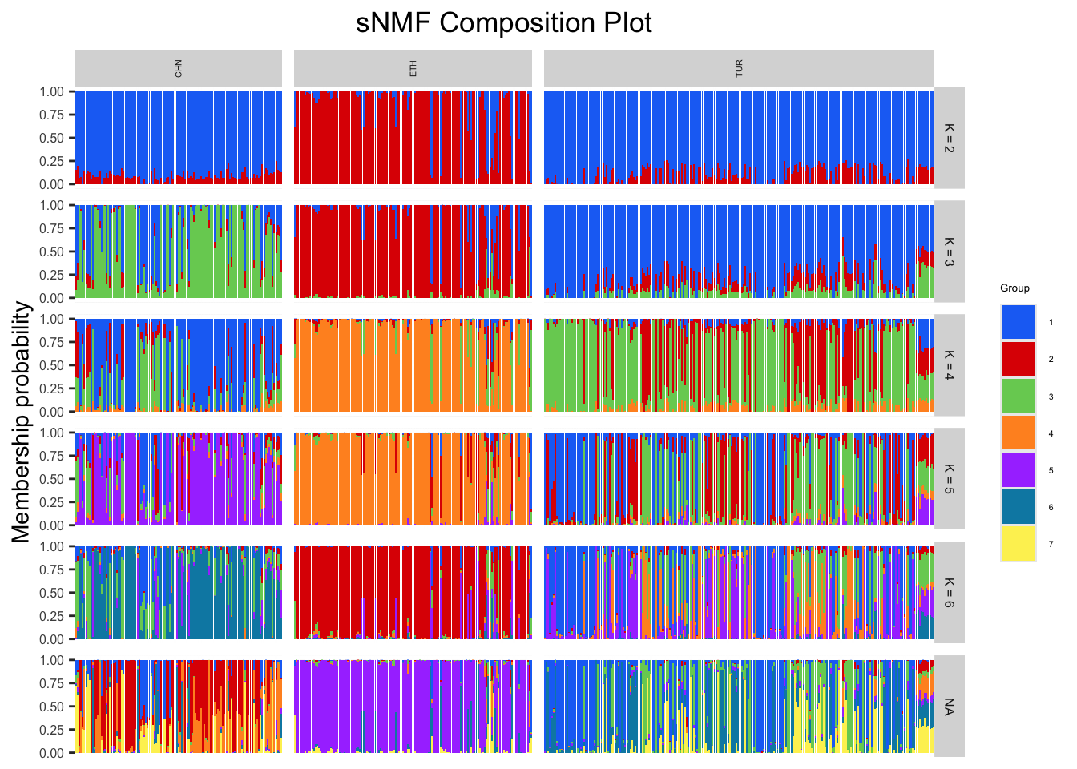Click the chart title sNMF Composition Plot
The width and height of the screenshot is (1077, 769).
(x=503, y=23)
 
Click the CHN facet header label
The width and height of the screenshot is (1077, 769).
(x=178, y=68)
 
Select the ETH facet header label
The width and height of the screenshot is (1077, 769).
(x=413, y=68)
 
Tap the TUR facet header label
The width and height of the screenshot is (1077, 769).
(x=739, y=68)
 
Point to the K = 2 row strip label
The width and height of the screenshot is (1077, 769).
(x=950, y=138)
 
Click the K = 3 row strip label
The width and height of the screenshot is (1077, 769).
(x=950, y=252)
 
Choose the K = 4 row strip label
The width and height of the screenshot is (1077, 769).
(x=950, y=365)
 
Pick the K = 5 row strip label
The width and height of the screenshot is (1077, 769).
(x=950, y=479)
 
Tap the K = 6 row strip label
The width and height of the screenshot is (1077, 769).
(x=950, y=593)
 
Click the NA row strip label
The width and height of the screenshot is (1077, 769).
(x=950, y=707)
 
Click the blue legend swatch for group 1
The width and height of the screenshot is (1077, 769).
(x=1018, y=322)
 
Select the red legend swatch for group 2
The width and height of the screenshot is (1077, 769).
(x=1018, y=359)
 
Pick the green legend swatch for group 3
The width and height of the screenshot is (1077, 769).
(x=1018, y=397)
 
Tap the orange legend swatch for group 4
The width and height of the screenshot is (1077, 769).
(x=1018, y=433)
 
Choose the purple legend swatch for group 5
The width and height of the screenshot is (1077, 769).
(x=1018, y=470)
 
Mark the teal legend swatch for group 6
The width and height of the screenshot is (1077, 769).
(x=1018, y=507)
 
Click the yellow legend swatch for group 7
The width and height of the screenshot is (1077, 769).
(x=1018, y=544)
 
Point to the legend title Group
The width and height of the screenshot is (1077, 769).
(x=1014, y=288)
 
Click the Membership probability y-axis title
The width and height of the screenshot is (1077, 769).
(x=22, y=422)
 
